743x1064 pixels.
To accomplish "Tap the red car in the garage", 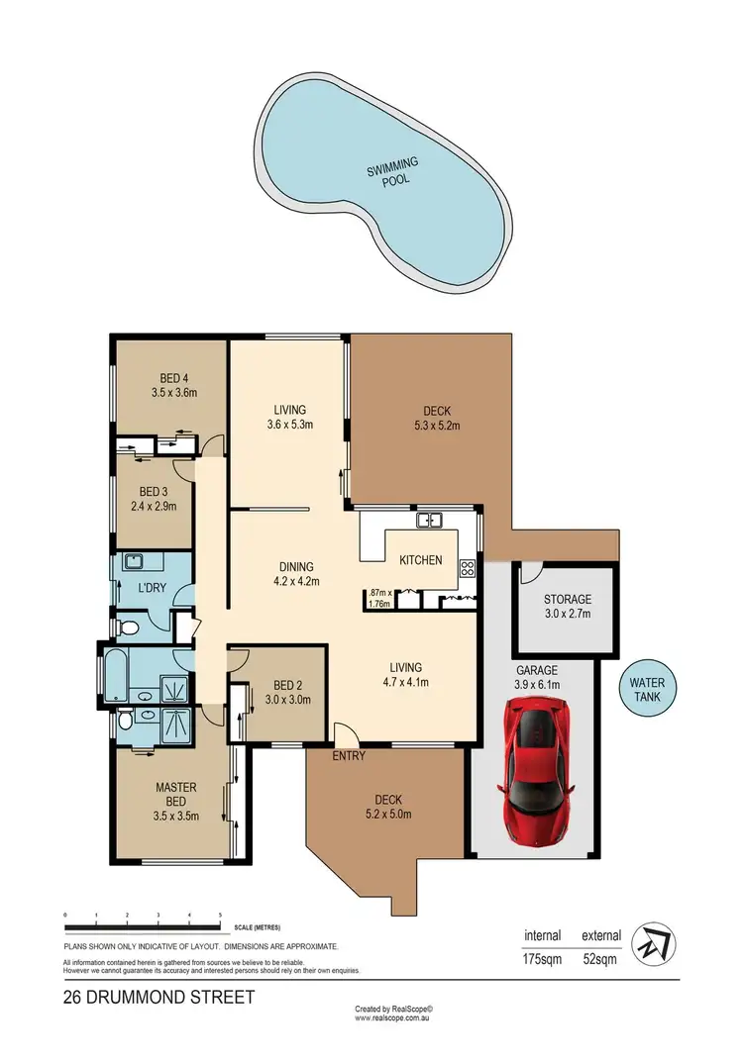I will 536,763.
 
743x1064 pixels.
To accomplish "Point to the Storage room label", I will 568,599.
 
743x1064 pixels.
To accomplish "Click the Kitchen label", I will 420,560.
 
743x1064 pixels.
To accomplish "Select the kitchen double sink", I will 429,520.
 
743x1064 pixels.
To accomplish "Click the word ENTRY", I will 350,757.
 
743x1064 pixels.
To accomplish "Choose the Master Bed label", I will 177,795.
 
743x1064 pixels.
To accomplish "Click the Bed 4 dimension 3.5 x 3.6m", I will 174,392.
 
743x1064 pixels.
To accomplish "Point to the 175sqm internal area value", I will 542,957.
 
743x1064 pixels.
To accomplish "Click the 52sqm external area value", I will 601,957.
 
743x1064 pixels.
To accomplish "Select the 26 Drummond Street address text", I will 159,997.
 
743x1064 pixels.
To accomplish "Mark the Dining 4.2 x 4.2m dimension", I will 296,582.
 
